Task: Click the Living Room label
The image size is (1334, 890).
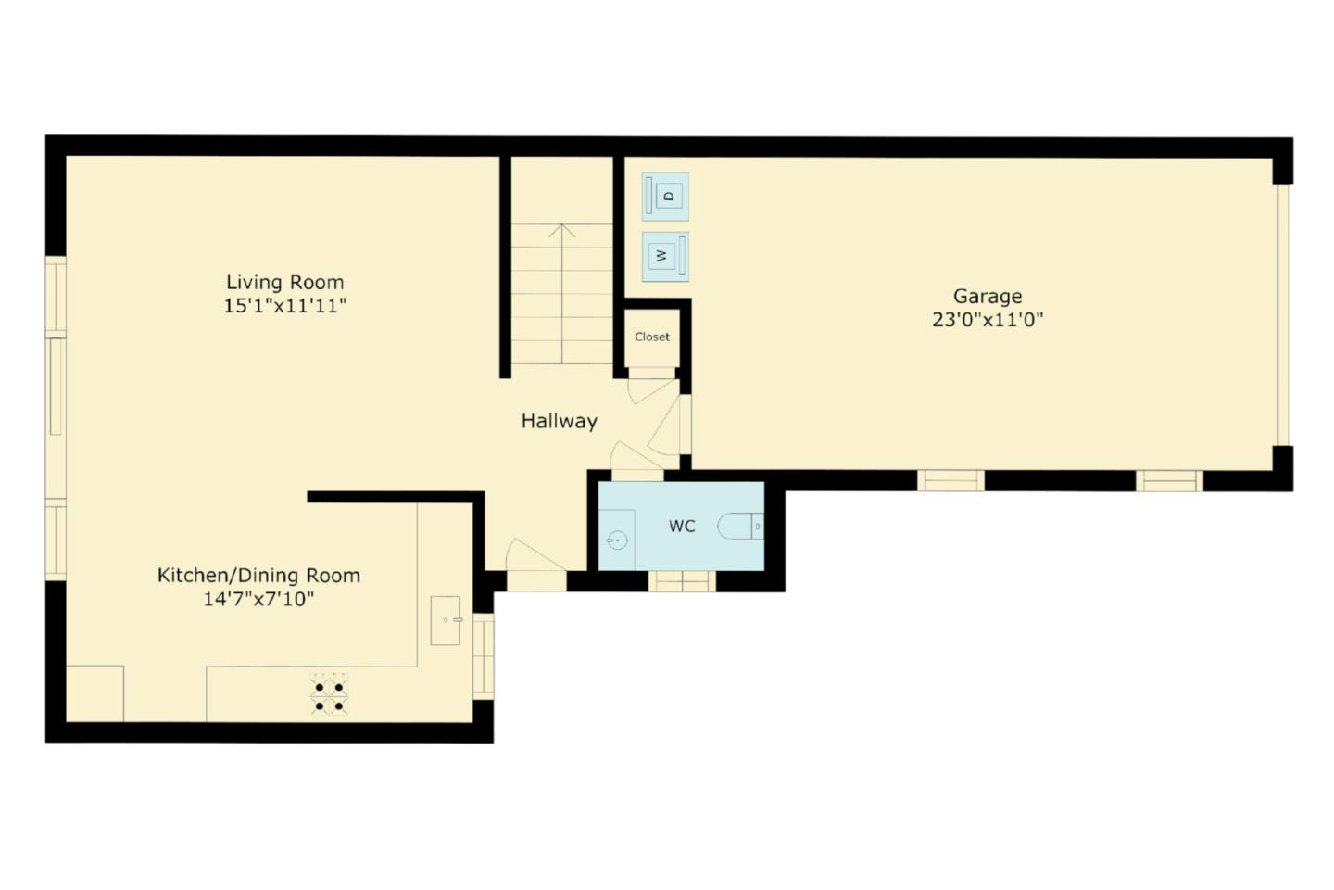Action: [x=284, y=282]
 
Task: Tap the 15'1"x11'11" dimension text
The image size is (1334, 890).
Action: [x=284, y=306]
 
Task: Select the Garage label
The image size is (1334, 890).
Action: [x=988, y=296]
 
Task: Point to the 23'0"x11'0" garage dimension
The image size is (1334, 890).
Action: [x=988, y=320]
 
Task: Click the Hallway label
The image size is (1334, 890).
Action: [x=559, y=421]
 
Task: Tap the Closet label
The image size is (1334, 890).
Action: [x=652, y=337]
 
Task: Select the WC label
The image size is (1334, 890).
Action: [x=682, y=527]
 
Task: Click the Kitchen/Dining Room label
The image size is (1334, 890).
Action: [x=258, y=575]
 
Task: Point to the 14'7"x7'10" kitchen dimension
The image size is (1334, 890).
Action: [x=258, y=599]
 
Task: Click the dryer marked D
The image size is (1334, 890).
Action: [x=666, y=196]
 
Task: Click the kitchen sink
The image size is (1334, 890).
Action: [x=447, y=620]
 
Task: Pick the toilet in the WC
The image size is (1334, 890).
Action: [x=741, y=527]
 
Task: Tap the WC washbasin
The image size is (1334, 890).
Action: [x=616, y=540]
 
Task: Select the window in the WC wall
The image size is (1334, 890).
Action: [x=682, y=581]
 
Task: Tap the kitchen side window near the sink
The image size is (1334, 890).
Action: [x=484, y=656]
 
